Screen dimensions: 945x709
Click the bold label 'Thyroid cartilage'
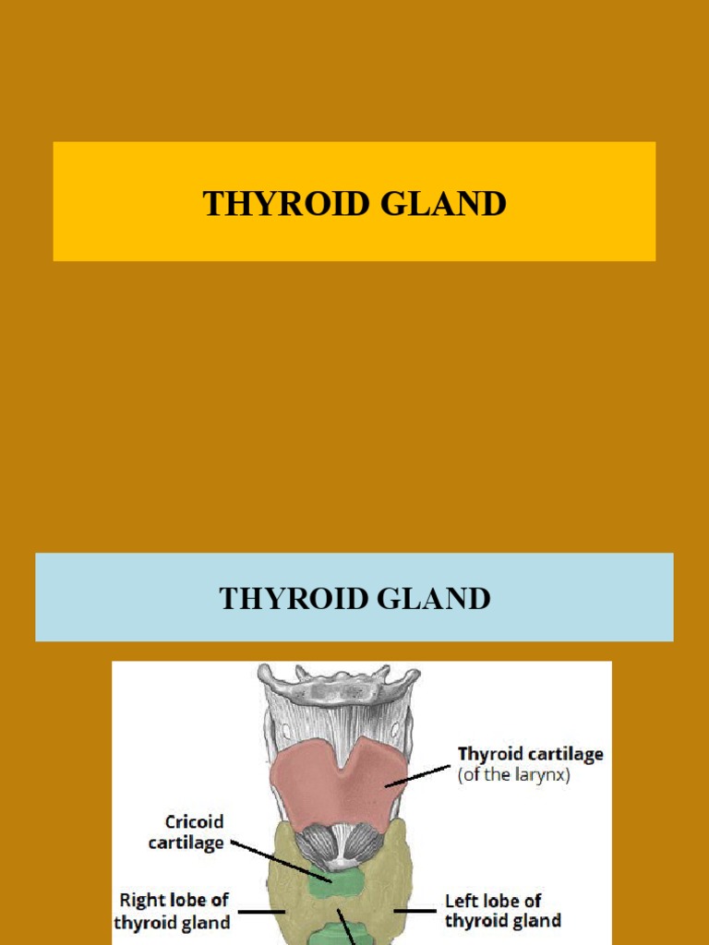point(530,754)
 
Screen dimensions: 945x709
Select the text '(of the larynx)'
point(513,775)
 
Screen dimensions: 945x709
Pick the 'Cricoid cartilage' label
point(194,831)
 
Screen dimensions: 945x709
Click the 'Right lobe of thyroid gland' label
point(172,910)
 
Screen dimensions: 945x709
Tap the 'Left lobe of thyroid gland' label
point(503,910)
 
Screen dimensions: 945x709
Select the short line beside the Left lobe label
point(415,911)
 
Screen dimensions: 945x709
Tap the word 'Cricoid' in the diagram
point(194,820)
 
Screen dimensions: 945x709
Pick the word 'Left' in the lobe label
point(461,900)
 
